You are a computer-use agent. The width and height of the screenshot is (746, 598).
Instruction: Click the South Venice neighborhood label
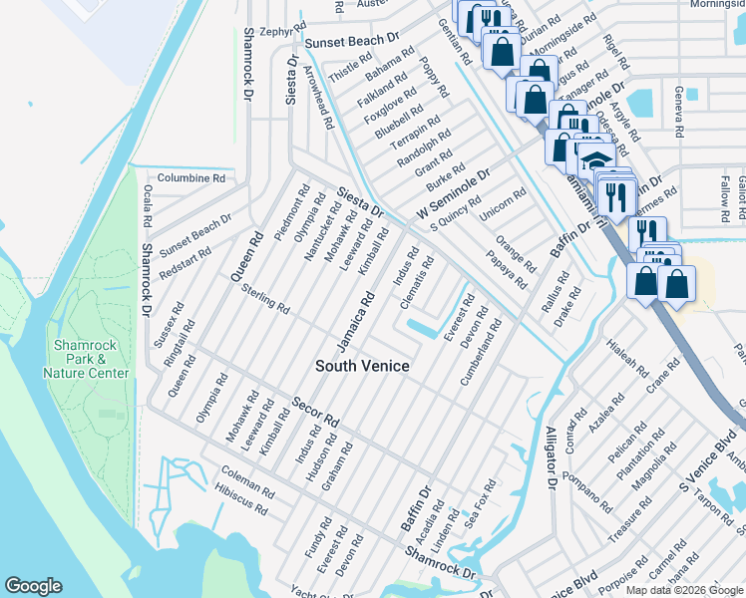tap(362, 366)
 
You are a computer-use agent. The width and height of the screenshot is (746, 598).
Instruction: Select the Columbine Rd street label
tap(191, 177)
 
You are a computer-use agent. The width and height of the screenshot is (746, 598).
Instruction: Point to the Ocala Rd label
tap(147, 205)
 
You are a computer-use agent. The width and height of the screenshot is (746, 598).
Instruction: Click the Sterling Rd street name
tap(264, 301)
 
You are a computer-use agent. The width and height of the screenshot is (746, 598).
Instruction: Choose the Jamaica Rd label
tap(355, 321)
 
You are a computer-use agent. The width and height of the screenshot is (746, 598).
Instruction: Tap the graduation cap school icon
tap(596, 161)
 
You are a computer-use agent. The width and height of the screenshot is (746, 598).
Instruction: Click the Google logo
tap(34, 586)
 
